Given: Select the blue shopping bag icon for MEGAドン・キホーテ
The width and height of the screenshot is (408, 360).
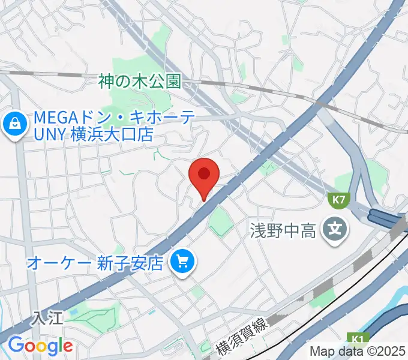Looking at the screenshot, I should (13, 125).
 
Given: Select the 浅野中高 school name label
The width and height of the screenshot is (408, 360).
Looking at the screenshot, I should (283, 230).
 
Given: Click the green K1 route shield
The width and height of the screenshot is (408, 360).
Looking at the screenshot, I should (359, 340).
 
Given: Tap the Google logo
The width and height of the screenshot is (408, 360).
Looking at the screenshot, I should (40, 346).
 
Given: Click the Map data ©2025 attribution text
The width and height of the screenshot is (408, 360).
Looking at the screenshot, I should (358, 352).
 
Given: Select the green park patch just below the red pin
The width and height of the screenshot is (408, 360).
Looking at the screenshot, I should (221, 220).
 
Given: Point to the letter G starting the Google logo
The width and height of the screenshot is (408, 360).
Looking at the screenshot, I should (16, 345).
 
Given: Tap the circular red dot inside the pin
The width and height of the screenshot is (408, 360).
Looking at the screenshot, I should (204, 173).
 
